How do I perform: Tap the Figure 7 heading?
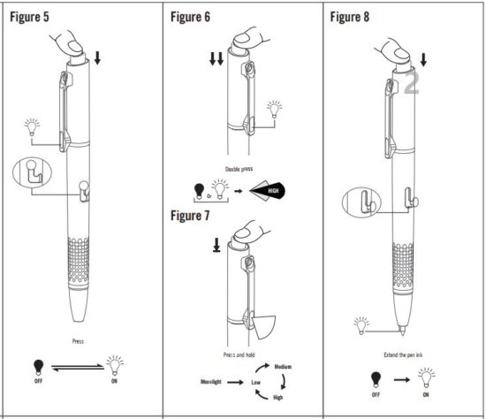pos(197,214)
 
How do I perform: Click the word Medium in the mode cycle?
pos(283,365)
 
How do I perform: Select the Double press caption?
pos(241,165)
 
